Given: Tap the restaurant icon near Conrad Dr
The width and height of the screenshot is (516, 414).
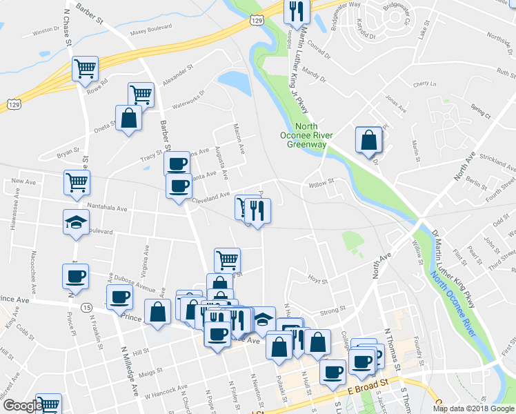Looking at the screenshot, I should pos(297,10).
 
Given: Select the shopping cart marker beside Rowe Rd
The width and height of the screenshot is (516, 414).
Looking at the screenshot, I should pos(86,68).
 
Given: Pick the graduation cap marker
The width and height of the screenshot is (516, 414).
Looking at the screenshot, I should pos(76,222).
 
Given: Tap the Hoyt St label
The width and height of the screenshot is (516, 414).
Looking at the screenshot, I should pos(317,280).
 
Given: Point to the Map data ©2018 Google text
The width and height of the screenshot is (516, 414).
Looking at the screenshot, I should pos(473,408).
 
